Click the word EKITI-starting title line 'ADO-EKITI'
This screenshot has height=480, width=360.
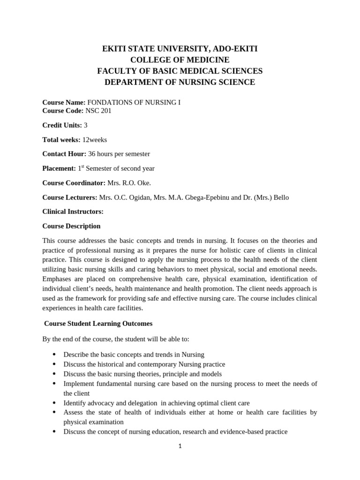[x=234, y=49]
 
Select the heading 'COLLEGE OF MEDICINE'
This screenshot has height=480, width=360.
[x=180, y=60]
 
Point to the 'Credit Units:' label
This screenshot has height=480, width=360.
[x=62, y=125]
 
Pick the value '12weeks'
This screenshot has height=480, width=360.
[x=95, y=140]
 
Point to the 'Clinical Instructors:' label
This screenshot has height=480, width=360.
[x=73, y=211]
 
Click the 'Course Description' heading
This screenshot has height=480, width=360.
[x=71, y=226]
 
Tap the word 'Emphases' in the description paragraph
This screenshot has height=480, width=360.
[x=57, y=279]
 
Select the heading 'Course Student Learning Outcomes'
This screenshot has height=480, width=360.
[x=98, y=323]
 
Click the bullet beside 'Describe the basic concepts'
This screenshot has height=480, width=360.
[x=54, y=354]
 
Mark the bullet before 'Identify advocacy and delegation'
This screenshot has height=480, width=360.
[x=54, y=403]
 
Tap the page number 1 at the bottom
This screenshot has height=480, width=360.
[x=180, y=446]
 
